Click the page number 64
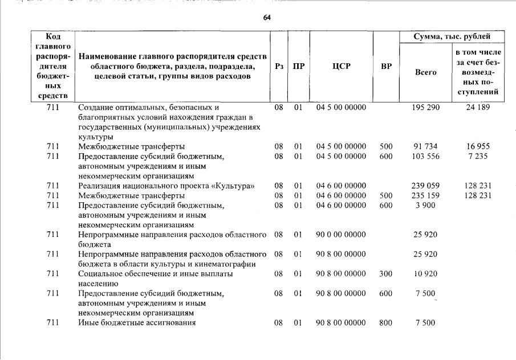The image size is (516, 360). (x=267, y=18)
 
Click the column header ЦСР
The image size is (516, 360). (x=341, y=66)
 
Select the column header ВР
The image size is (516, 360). (x=386, y=66)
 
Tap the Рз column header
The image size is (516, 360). (x=279, y=66)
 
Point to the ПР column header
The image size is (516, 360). (x=298, y=66)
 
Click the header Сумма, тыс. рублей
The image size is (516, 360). (x=452, y=37)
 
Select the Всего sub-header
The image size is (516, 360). (x=425, y=72)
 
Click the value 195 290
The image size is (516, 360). (x=425, y=107)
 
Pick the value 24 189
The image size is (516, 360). (x=477, y=107)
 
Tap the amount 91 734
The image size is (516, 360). (x=425, y=146)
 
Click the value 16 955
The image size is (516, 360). (x=477, y=146)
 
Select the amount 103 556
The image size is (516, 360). (x=425, y=156)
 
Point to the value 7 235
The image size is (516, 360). (x=477, y=156)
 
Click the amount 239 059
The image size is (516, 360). (x=425, y=186)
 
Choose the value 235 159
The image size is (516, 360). (x=425, y=195)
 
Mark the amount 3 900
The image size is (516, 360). (x=425, y=205)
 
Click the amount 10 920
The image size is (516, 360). (x=425, y=273)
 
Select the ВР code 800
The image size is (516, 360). (x=386, y=323)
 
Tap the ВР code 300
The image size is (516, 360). (x=386, y=273)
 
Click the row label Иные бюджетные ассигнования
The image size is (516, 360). (x=137, y=323)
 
